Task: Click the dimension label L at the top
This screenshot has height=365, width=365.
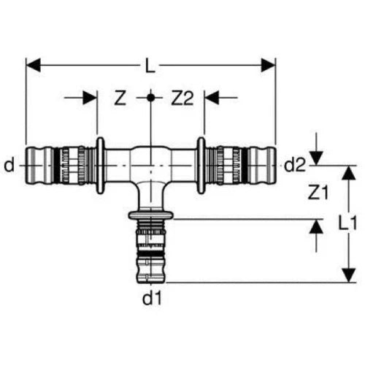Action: (150, 65)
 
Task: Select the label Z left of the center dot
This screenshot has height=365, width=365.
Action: (120, 98)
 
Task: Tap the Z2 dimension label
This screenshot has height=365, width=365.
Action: (182, 98)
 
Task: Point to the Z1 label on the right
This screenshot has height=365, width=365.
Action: (318, 192)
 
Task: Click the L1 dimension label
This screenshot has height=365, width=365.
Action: (347, 223)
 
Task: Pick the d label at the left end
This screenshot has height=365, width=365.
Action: (9, 164)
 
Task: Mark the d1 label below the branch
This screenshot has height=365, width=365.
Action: (152, 298)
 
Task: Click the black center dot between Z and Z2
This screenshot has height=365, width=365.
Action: (150, 98)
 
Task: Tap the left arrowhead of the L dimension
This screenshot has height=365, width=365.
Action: (34, 65)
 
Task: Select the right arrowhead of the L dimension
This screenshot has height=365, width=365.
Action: (269, 65)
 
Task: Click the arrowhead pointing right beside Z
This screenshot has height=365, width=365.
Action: (90, 98)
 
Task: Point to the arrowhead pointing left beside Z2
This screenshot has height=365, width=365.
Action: (212, 98)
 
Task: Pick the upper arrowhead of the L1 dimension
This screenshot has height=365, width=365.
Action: (349, 173)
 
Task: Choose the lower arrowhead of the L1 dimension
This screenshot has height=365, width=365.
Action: (349, 275)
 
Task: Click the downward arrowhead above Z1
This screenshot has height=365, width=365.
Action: (316, 158)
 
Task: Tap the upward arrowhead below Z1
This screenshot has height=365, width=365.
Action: (316, 226)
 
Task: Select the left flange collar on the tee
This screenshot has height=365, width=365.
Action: (100, 166)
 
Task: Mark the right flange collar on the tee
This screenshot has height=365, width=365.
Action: (201, 166)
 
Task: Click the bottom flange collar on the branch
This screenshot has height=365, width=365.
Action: (151, 215)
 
